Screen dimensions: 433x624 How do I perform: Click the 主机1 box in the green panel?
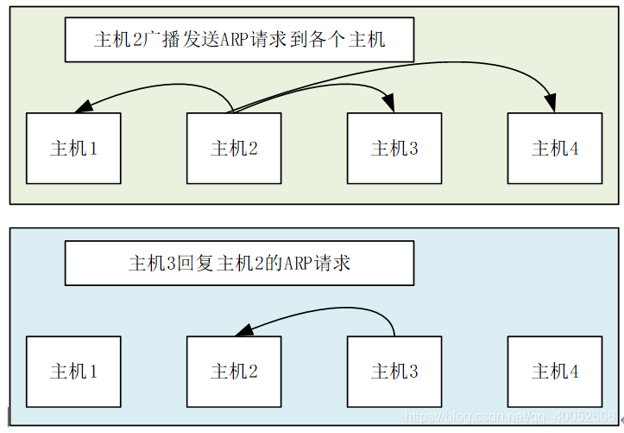pos(73,148)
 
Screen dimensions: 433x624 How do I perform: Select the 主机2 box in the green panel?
pos(234,148)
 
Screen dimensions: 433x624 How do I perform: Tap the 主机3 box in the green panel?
pos(394,148)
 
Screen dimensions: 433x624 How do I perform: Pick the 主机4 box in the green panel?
pos(555,148)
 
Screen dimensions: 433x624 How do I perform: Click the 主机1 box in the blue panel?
pos(73,371)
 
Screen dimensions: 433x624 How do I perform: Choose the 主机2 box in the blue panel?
pos(234,371)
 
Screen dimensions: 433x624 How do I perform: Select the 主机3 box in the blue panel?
pos(394,371)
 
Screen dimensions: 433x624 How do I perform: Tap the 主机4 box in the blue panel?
pos(555,371)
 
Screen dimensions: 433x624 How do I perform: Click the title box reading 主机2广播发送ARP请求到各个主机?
pos(239,40)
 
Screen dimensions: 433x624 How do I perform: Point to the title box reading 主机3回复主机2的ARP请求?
pos(239,263)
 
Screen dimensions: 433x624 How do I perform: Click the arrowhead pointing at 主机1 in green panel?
pos(83,108)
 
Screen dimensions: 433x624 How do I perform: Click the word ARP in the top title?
pos(235,40)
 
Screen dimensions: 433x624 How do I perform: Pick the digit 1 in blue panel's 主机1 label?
pos(92,372)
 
